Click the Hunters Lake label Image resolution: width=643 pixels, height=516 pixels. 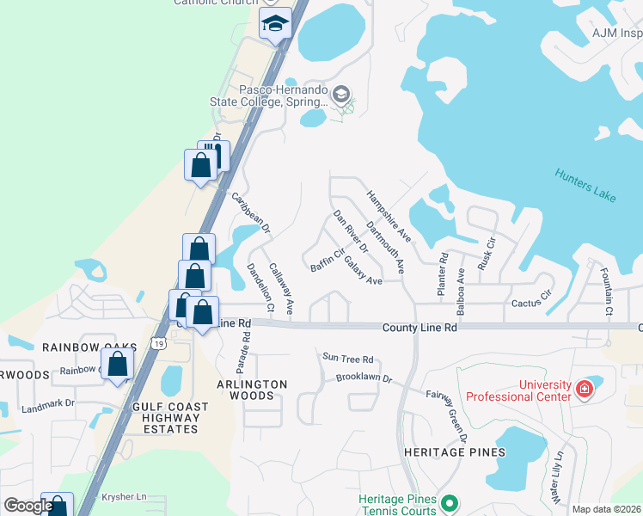tap(585, 185)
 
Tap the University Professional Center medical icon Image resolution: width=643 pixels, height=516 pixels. tap(585, 390)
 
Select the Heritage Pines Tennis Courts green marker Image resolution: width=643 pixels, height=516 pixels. tap(448, 503)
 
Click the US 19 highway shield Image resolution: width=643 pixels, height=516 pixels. tap(157, 343)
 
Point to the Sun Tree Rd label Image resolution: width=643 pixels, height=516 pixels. tap(347, 359)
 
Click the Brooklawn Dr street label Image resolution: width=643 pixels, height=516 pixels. tap(364, 378)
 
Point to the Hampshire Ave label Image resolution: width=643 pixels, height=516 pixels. tap(389, 216)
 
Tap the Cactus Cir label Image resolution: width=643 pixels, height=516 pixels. tap(530, 303)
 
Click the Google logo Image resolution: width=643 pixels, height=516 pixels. tap(28, 506)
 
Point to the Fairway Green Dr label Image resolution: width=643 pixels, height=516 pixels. tap(447, 415)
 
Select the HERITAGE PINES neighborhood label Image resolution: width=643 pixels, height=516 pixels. tap(455, 451)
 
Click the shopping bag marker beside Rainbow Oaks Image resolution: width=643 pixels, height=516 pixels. tap(117, 365)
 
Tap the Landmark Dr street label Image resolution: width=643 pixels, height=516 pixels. tap(48, 402)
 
